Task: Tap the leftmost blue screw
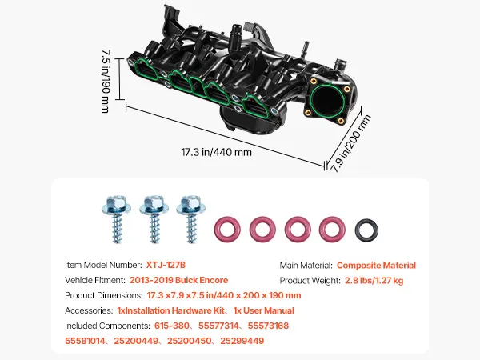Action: [117, 218]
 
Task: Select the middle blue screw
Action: [154, 218]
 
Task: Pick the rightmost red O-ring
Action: [332, 218]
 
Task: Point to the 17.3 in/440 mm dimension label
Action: [217, 152]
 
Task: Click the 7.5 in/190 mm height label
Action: [106, 82]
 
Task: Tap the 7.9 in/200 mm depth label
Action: [350, 142]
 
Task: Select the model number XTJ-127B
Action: [166, 265]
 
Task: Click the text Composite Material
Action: [376, 265]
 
